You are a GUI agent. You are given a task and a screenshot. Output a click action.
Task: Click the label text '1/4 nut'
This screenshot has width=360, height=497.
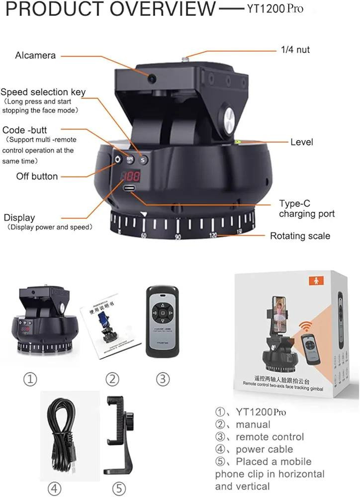tap(295, 49)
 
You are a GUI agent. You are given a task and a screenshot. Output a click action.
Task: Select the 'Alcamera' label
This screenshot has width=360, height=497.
tap(35, 55)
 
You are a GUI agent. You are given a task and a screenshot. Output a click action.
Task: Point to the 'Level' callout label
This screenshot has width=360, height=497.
tap(302, 142)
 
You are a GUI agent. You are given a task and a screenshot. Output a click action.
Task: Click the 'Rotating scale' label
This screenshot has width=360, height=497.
tap(300, 236)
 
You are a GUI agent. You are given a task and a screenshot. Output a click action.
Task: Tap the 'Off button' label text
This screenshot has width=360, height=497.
tap(37, 176)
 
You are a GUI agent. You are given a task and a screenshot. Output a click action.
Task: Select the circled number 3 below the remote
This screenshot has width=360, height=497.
tap(163, 379)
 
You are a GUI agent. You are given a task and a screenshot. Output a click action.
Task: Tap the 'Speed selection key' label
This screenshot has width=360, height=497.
tap(43, 92)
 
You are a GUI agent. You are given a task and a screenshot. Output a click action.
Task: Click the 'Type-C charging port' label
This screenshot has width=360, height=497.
tap(306, 209)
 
